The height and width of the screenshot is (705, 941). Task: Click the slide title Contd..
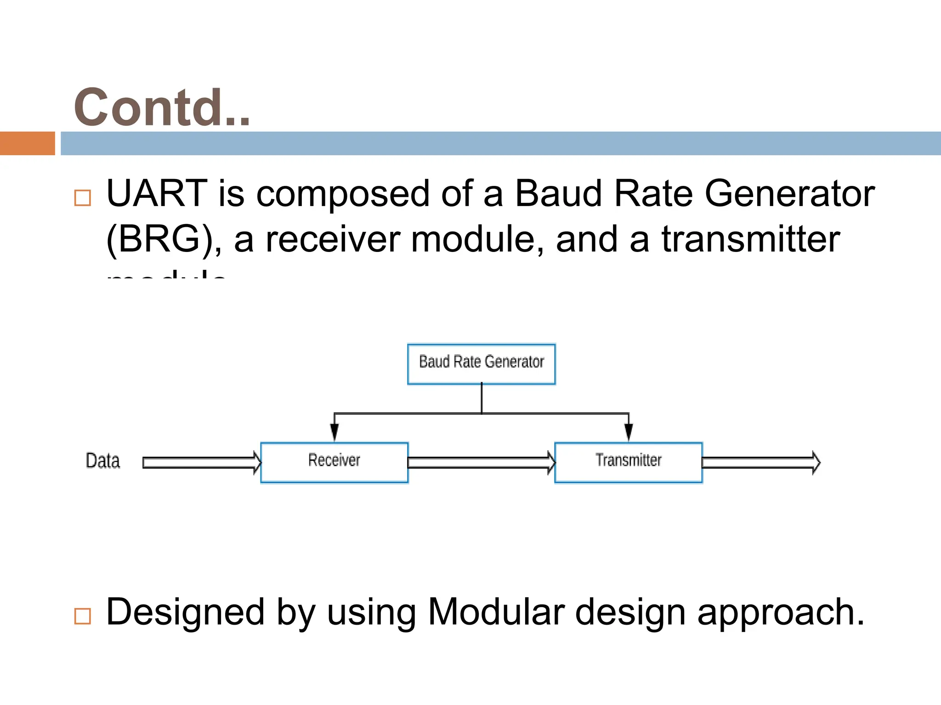pyautogui.click(x=162, y=107)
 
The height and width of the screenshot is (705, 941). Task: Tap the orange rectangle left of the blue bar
pyautogui.click(x=27, y=143)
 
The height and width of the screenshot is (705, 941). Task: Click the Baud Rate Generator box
pyautogui.click(x=481, y=364)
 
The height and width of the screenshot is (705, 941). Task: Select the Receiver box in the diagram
pyautogui.click(x=334, y=462)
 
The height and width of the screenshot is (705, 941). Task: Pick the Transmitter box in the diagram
pyautogui.click(x=628, y=462)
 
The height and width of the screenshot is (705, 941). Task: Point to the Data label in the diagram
pyautogui.click(x=103, y=461)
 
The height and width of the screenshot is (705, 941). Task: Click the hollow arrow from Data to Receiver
pyautogui.click(x=201, y=462)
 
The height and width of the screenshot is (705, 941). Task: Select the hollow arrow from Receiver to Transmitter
pyautogui.click(x=481, y=462)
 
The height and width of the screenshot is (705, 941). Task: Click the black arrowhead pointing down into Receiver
pyautogui.click(x=334, y=432)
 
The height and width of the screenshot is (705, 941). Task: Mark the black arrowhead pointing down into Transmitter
pyautogui.click(x=629, y=432)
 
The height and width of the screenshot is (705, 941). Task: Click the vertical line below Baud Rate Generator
pyautogui.click(x=482, y=398)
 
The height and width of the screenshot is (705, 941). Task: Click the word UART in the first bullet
pyautogui.click(x=157, y=193)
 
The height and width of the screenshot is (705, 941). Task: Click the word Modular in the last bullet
pyautogui.click(x=496, y=612)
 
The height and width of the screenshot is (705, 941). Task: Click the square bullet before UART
pyautogui.click(x=83, y=198)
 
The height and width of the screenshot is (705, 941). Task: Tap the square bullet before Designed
pyautogui.click(x=83, y=616)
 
